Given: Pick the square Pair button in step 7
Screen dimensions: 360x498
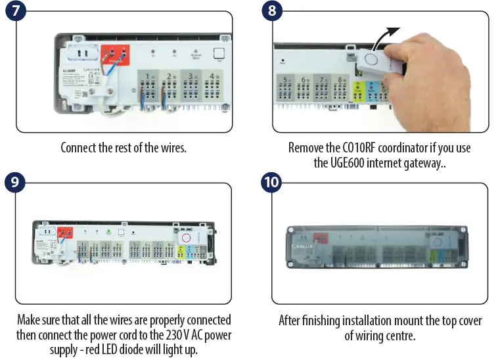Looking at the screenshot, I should pos(219,55).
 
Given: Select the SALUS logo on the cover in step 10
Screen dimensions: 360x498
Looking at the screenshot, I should pos(304,247).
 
